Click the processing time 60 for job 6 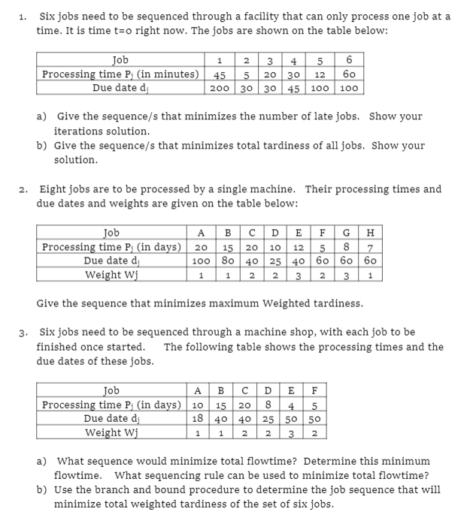pyautogui.click(x=350, y=74)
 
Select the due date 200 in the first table pyautogui.click(x=220, y=87)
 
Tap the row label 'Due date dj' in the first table pyautogui.click(x=120, y=87)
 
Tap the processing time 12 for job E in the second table pyautogui.click(x=297, y=247)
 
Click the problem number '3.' pyautogui.click(x=25, y=332)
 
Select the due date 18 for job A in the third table pyautogui.click(x=196, y=418)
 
